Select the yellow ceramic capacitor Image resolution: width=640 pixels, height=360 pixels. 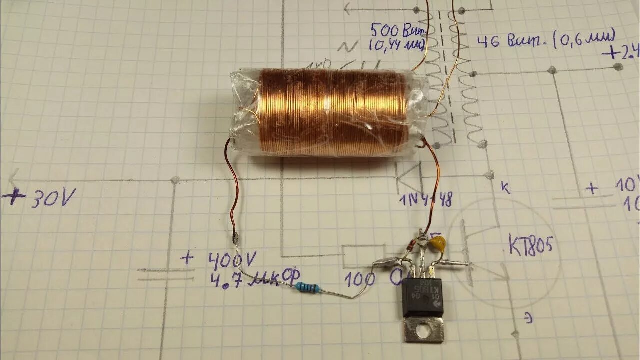(437, 243)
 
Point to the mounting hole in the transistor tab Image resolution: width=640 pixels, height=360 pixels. (424, 330)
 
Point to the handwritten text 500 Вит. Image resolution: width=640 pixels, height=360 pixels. (398, 31)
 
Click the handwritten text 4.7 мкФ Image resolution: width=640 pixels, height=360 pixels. (244, 278)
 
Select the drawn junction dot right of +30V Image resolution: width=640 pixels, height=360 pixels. (174, 180)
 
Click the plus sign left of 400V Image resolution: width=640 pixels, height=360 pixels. (187, 258)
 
